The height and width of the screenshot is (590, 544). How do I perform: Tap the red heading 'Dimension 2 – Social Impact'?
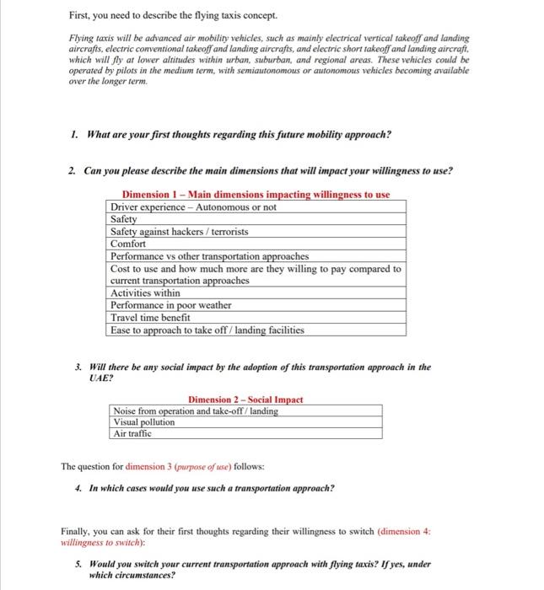[245, 399]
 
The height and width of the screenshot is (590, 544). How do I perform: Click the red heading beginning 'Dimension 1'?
[256, 195]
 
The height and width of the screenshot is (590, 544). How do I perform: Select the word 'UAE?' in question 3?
[100, 379]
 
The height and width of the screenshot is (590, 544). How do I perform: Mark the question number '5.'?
[78, 564]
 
